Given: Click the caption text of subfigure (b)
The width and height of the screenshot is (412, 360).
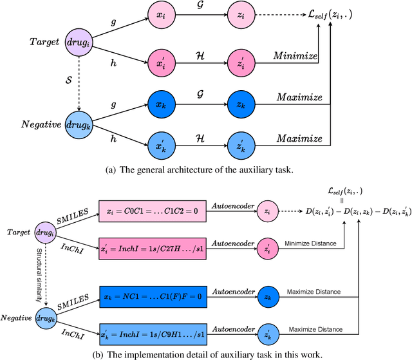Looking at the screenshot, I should (205, 352).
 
